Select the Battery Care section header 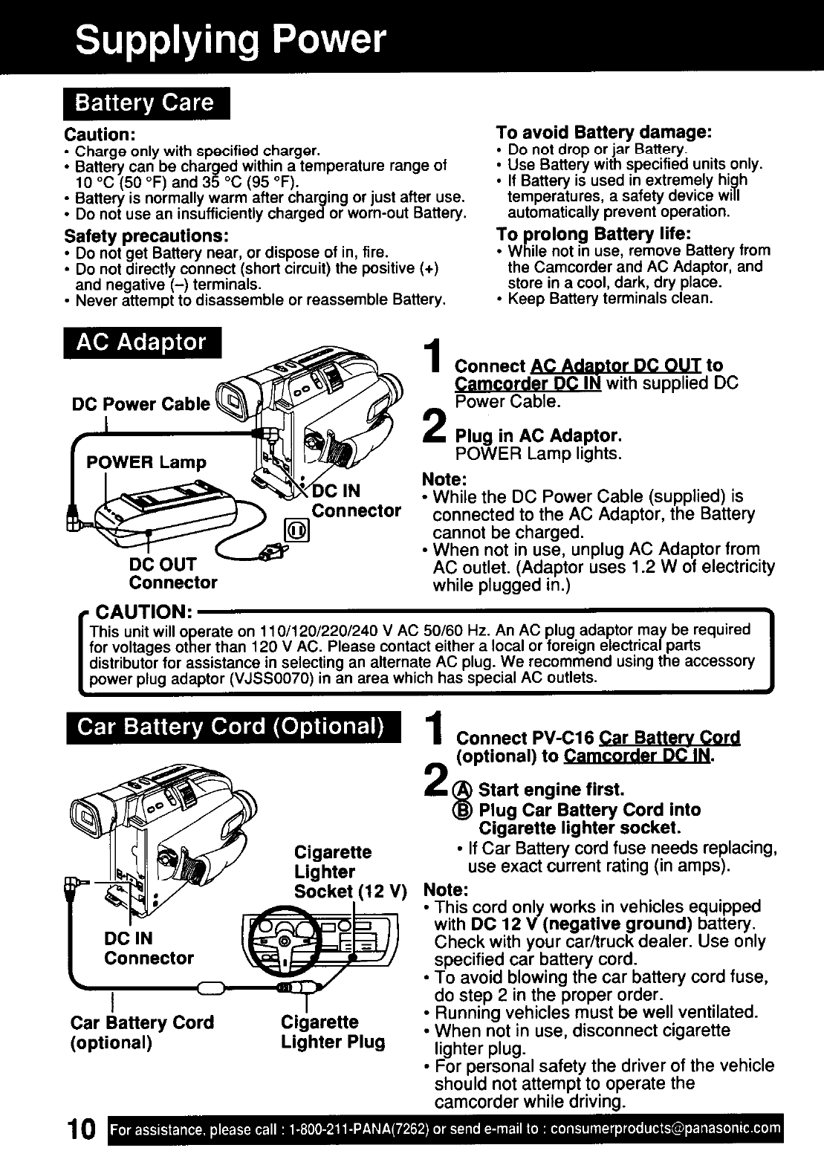(x=146, y=103)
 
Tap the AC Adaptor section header (x=143, y=343)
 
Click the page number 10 (x=78, y=1132)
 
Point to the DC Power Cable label (x=140, y=404)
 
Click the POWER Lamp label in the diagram (x=146, y=462)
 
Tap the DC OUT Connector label (x=172, y=573)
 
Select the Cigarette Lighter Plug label (x=332, y=1032)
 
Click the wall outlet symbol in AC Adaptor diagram (x=297, y=533)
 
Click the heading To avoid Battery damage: (x=604, y=132)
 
